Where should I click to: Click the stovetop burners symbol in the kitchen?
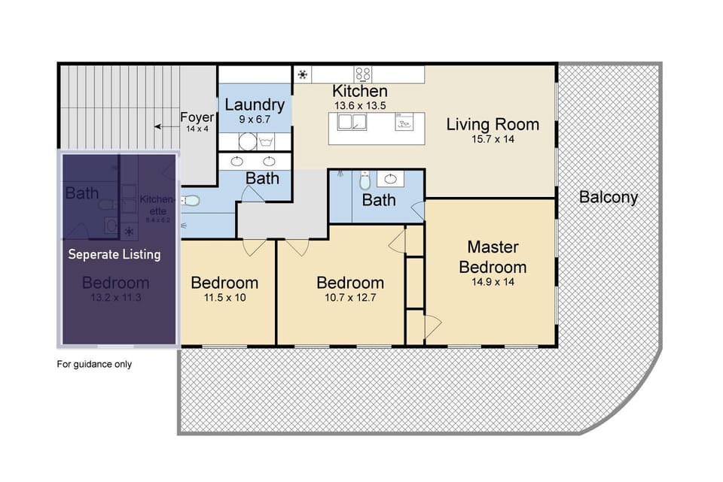(x=364, y=74)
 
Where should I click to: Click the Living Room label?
(x=493, y=124)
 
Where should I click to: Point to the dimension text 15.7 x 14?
(x=493, y=141)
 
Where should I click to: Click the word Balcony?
(x=609, y=198)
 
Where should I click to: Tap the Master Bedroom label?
(x=493, y=256)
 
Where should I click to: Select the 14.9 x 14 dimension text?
(x=493, y=282)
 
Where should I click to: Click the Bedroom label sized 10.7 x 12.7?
(x=350, y=283)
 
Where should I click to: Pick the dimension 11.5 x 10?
(x=224, y=297)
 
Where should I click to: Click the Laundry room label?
(x=254, y=105)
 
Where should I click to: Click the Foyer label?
(x=197, y=117)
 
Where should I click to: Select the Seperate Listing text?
(x=114, y=254)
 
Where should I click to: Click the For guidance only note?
(x=95, y=365)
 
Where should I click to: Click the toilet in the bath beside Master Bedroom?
(x=365, y=180)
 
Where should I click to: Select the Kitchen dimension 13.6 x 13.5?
(x=359, y=106)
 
